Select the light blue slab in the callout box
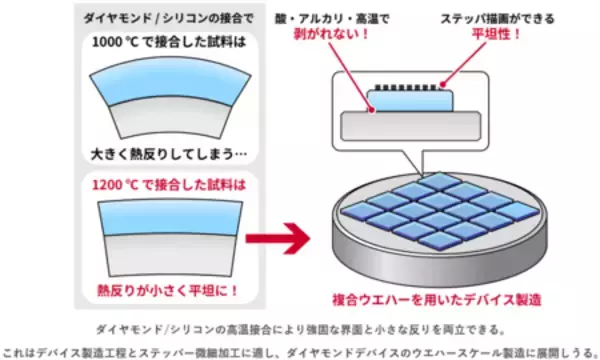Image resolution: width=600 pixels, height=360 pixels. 409,98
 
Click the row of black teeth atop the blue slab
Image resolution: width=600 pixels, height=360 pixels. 409,86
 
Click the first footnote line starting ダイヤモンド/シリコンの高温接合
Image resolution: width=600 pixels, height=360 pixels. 300,328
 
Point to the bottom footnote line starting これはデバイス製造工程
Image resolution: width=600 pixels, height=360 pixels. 300,349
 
